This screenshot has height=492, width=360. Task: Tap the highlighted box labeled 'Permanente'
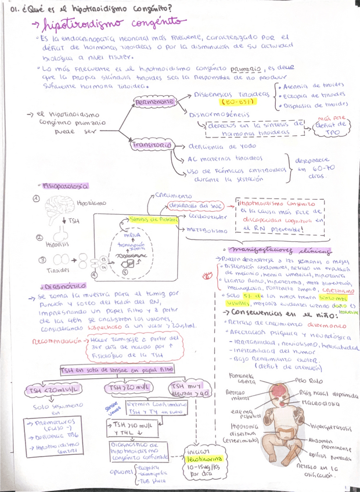tap(154, 102)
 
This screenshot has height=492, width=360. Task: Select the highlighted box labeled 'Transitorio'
tap(151, 145)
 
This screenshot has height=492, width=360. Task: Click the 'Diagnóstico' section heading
tap(63, 285)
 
